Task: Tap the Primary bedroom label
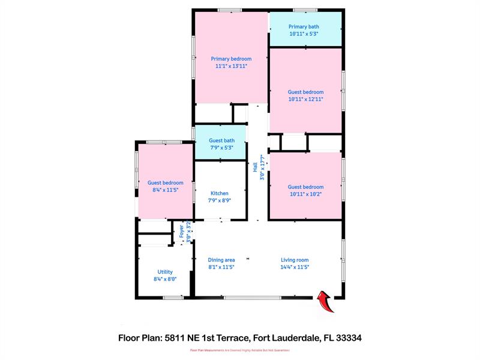click(231, 59)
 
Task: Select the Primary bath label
click(304, 26)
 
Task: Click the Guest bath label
click(218, 140)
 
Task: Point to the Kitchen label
click(219, 193)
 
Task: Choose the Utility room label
click(165, 272)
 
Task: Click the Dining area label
click(221, 260)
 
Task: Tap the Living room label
click(295, 260)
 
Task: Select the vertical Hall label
click(256, 166)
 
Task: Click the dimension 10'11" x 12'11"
click(305, 99)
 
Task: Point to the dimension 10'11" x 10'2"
click(305, 194)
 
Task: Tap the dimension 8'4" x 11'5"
click(165, 190)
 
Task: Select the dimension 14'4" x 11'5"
click(295, 267)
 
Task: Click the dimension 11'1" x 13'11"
click(231, 66)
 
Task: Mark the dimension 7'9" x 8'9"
click(219, 200)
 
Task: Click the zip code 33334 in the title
click(349, 338)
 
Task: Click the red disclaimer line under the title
click(240, 350)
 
